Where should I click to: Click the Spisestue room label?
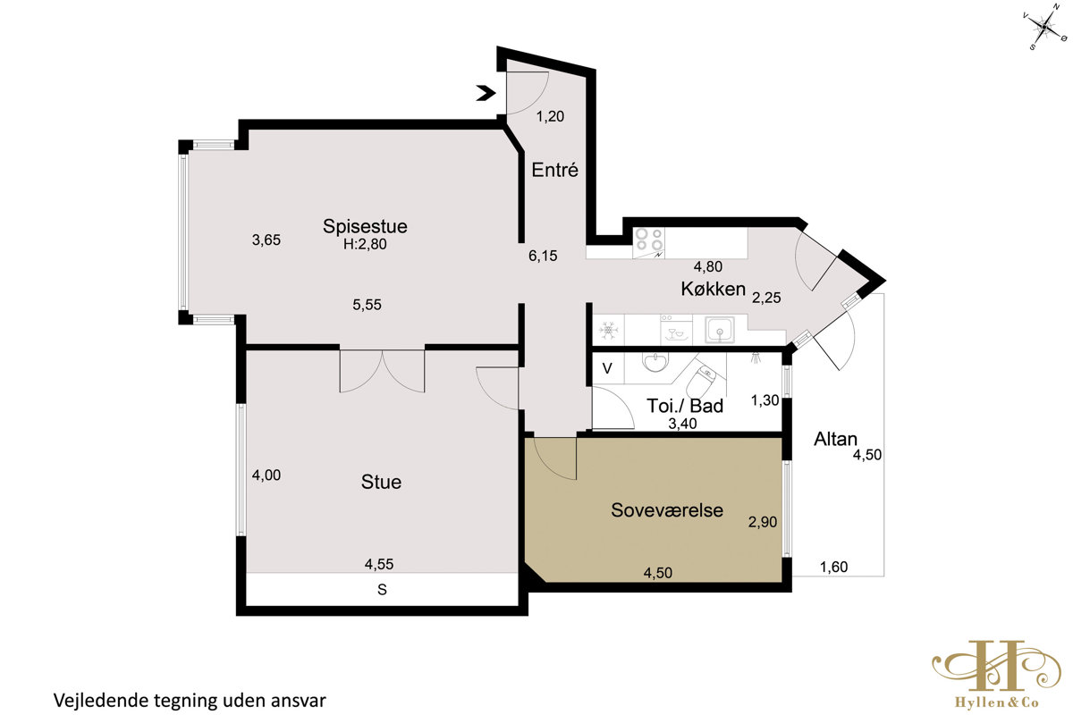(x=365, y=226)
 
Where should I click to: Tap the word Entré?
(x=554, y=170)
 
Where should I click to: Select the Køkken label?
(x=714, y=289)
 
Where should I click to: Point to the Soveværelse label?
(x=667, y=510)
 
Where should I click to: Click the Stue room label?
(x=381, y=482)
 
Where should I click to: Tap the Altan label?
(x=835, y=439)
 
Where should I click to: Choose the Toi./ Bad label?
(x=685, y=406)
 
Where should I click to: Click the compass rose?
(x=1044, y=28)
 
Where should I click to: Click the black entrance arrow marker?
(x=486, y=93)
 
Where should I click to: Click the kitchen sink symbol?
(x=720, y=330)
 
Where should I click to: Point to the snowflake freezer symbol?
(x=608, y=330)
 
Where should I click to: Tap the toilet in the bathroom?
(x=701, y=380)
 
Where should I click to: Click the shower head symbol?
(x=756, y=357)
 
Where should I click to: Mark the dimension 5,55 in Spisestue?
(x=367, y=305)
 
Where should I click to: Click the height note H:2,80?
(x=365, y=244)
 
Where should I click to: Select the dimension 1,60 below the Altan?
(x=833, y=567)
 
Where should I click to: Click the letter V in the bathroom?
(x=607, y=368)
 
